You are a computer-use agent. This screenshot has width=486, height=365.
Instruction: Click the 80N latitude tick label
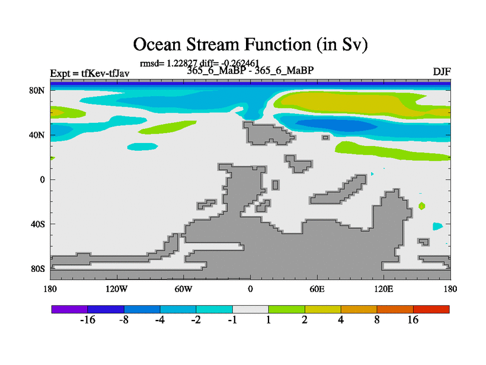tap(37, 91)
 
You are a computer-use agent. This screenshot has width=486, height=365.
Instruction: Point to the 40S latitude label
tap(38, 224)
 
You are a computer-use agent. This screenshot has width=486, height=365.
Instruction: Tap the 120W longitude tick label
tap(117, 290)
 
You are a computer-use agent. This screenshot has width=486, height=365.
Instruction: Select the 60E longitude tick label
tap(317, 290)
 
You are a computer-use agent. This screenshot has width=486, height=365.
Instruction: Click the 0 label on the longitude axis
tap(250, 290)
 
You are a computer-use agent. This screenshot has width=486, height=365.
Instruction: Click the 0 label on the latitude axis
tap(42, 179)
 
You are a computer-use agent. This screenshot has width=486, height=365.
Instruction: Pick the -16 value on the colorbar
tap(87, 320)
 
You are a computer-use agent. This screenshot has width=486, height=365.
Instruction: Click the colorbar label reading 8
tap(377, 320)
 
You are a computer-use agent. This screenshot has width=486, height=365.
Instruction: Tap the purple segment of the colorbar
tap(70, 309)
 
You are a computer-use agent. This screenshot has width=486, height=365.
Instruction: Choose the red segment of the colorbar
tap(431, 309)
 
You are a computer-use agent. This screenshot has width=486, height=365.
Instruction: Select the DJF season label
tap(442, 72)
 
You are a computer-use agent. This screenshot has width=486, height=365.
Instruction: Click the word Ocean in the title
tap(157, 44)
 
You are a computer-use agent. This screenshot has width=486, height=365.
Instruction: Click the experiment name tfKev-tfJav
tap(105, 73)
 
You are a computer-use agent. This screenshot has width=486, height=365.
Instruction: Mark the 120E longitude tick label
tap(383, 290)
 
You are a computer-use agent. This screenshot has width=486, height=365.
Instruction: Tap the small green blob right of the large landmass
tap(422, 206)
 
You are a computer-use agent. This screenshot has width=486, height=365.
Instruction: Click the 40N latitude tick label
tap(37, 135)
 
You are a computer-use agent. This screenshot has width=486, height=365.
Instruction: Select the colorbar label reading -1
tap(233, 320)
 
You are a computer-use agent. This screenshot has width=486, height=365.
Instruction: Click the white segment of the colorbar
tap(250, 309)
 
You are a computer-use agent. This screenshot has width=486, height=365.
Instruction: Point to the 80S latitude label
tap(38, 269)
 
